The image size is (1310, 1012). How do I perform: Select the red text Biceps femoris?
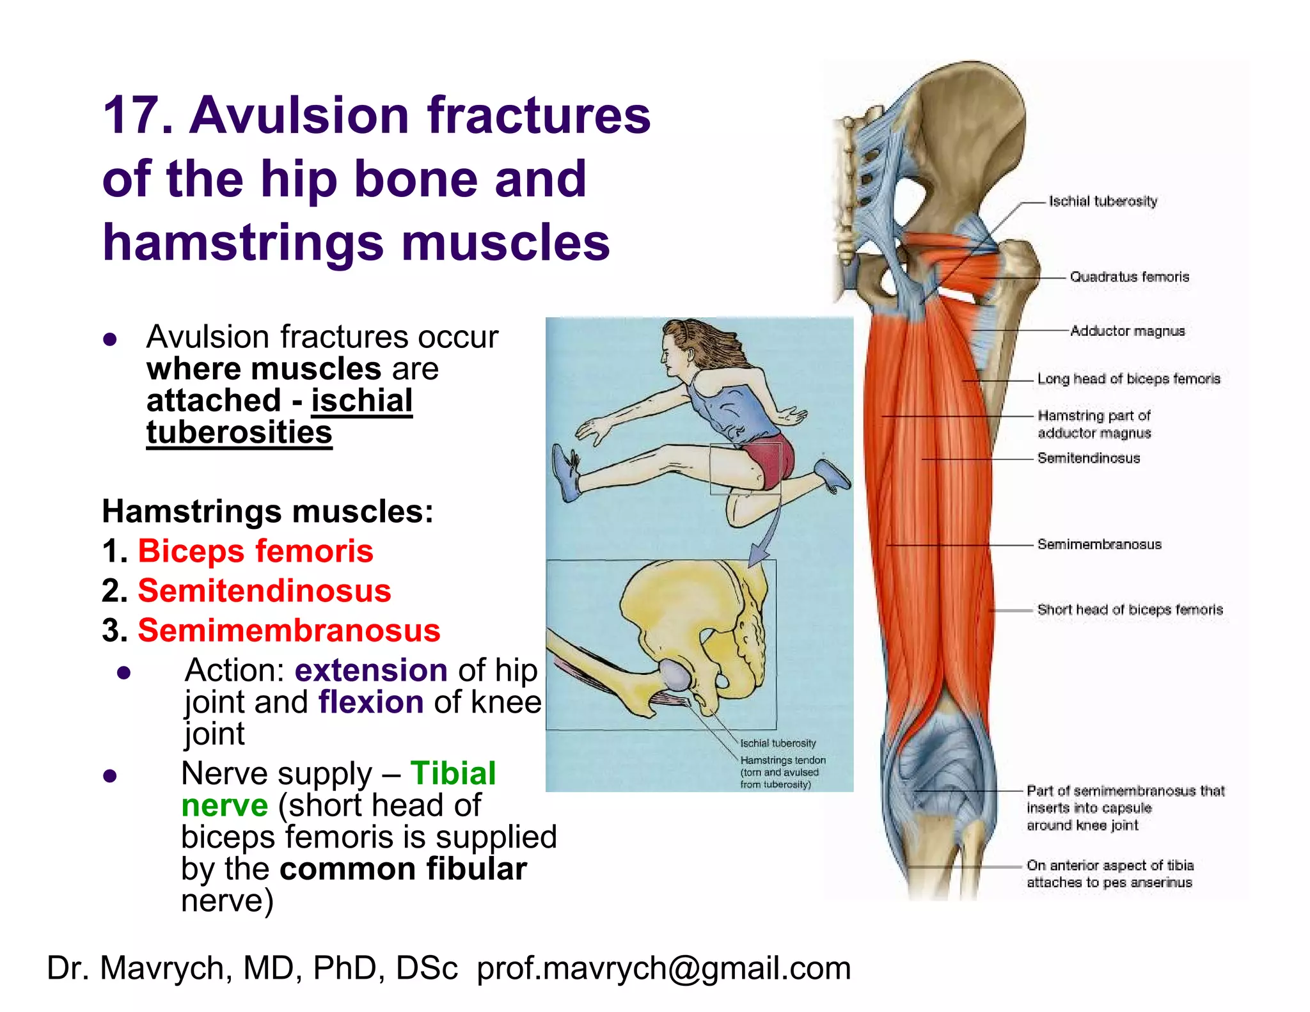[255, 551]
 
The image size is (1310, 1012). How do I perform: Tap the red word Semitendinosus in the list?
[264, 590]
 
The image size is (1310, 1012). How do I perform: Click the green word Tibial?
[453, 773]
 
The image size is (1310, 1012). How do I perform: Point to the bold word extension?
[370, 670]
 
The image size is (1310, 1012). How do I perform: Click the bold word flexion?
[371, 702]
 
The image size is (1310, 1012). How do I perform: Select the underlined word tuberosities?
[239, 432]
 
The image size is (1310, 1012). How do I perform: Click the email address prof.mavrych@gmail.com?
[663, 968]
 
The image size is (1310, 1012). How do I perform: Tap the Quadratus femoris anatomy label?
[1129, 277]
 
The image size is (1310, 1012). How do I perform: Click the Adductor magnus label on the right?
[1127, 331]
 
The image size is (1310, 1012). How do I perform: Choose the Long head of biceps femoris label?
[1128, 379]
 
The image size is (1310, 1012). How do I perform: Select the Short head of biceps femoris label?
[1130, 610]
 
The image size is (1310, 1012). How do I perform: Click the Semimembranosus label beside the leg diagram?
[1099, 544]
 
